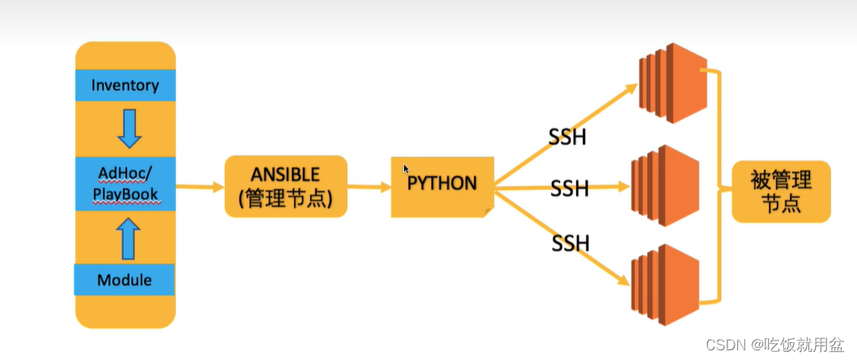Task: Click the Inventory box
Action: click(x=125, y=85)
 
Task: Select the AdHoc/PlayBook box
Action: click(x=125, y=184)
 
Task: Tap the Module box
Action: click(x=125, y=280)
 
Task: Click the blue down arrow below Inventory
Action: click(x=128, y=128)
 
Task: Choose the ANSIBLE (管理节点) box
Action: click(x=286, y=186)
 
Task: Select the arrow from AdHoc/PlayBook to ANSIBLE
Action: click(x=199, y=187)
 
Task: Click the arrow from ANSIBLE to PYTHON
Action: click(x=369, y=187)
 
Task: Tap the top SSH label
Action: click(x=567, y=137)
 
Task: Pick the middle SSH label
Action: click(x=570, y=189)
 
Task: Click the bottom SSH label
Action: click(x=571, y=241)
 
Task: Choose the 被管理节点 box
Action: click(x=781, y=191)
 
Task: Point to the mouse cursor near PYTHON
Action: click(x=406, y=168)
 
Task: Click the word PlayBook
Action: click(x=125, y=195)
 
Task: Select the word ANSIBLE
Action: click(x=286, y=175)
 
